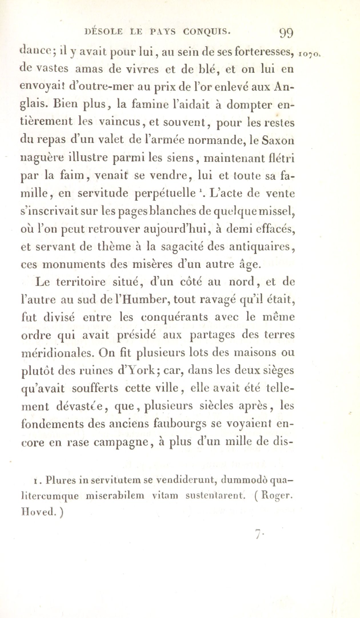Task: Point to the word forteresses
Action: [x=259, y=52]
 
